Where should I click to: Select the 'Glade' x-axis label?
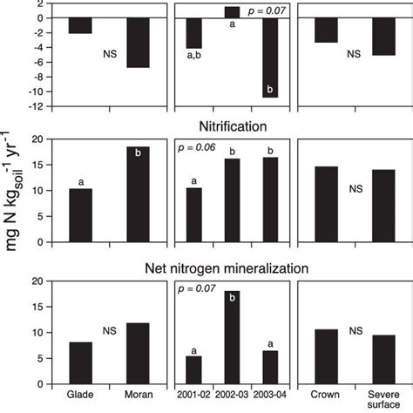tap(81, 395)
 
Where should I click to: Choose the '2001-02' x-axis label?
tap(194, 395)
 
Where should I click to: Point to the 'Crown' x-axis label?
tap(326, 395)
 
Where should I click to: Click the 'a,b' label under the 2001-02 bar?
tap(194, 56)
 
